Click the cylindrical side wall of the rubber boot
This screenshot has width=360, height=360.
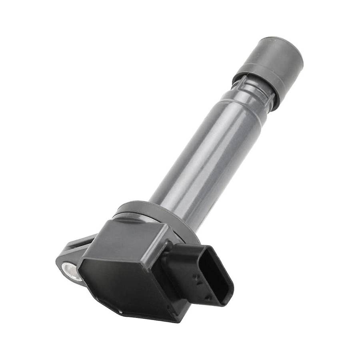[x=264, y=64]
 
